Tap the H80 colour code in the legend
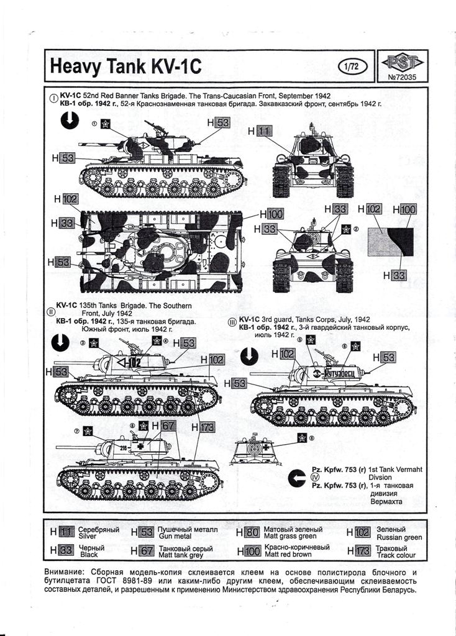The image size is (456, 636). coord(248,532)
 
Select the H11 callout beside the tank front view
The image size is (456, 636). coord(263,131)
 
